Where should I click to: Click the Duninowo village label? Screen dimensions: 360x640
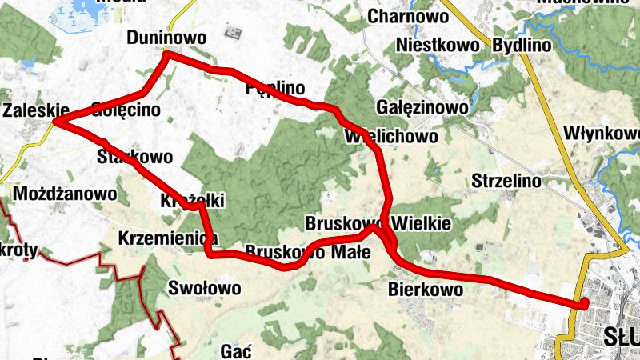coord(166,38)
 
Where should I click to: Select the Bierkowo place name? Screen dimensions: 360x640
coord(425,289)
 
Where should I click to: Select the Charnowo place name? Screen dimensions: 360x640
coord(407,15)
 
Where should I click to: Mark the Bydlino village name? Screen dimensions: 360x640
coord(522,45)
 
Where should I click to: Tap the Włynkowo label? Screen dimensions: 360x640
coord(601,132)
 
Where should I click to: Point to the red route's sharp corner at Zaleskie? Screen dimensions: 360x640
coord(56,122)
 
